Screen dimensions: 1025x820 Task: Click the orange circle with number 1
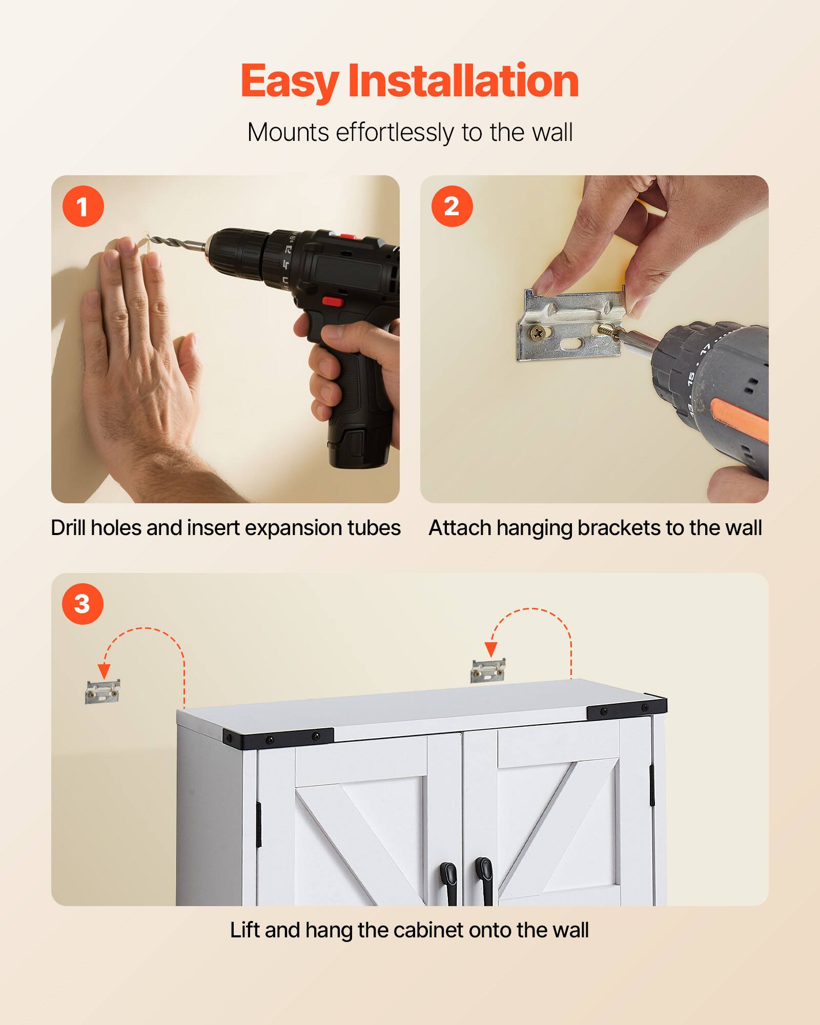coord(83,207)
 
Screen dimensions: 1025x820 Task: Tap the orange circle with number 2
coord(452,206)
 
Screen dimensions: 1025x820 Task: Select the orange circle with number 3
coord(83,603)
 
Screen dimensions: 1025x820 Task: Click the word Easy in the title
coord(289,82)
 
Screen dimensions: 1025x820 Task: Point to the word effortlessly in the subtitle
coord(395,133)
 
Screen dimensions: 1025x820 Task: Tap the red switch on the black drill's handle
coord(333,301)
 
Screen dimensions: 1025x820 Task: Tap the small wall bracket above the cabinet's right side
coord(488,670)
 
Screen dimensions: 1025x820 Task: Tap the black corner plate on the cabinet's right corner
coord(626,709)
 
